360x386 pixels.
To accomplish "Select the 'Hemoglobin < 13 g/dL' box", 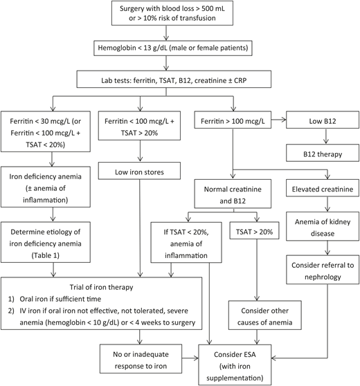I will tap(179, 50).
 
